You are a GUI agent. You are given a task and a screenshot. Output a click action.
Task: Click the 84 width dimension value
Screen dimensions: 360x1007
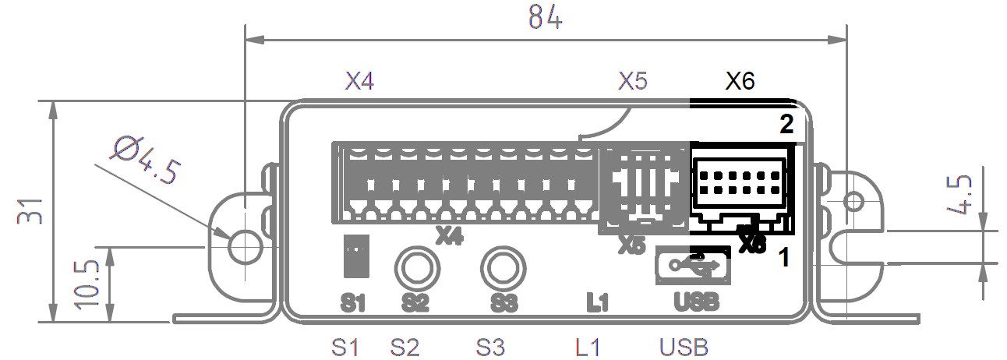coord(545,17)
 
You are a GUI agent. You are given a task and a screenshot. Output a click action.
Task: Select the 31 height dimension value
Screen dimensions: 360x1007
coord(29,210)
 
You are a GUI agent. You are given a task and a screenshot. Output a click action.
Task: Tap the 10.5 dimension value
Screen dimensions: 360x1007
coord(88,284)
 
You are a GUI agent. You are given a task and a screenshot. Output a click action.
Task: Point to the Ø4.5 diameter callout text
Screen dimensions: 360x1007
coord(148,160)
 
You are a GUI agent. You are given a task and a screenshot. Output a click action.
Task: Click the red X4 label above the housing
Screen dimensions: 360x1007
coord(361,81)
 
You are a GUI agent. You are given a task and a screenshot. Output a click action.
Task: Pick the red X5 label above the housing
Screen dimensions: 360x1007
coord(633,81)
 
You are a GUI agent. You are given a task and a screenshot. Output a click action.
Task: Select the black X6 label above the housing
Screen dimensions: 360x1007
coord(740,81)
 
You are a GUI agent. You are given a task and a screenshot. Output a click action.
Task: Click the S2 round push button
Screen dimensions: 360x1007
coord(416,268)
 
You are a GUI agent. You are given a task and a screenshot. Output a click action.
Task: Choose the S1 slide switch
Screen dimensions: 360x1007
coord(355,256)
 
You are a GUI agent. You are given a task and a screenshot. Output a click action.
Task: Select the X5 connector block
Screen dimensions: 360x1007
coord(643,187)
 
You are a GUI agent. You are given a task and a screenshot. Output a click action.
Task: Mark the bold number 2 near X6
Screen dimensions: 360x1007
coord(787,124)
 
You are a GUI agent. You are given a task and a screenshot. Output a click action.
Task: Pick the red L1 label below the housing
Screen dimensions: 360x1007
coord(588,346)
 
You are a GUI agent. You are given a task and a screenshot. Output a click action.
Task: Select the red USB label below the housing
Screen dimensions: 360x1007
coord(684,346)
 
